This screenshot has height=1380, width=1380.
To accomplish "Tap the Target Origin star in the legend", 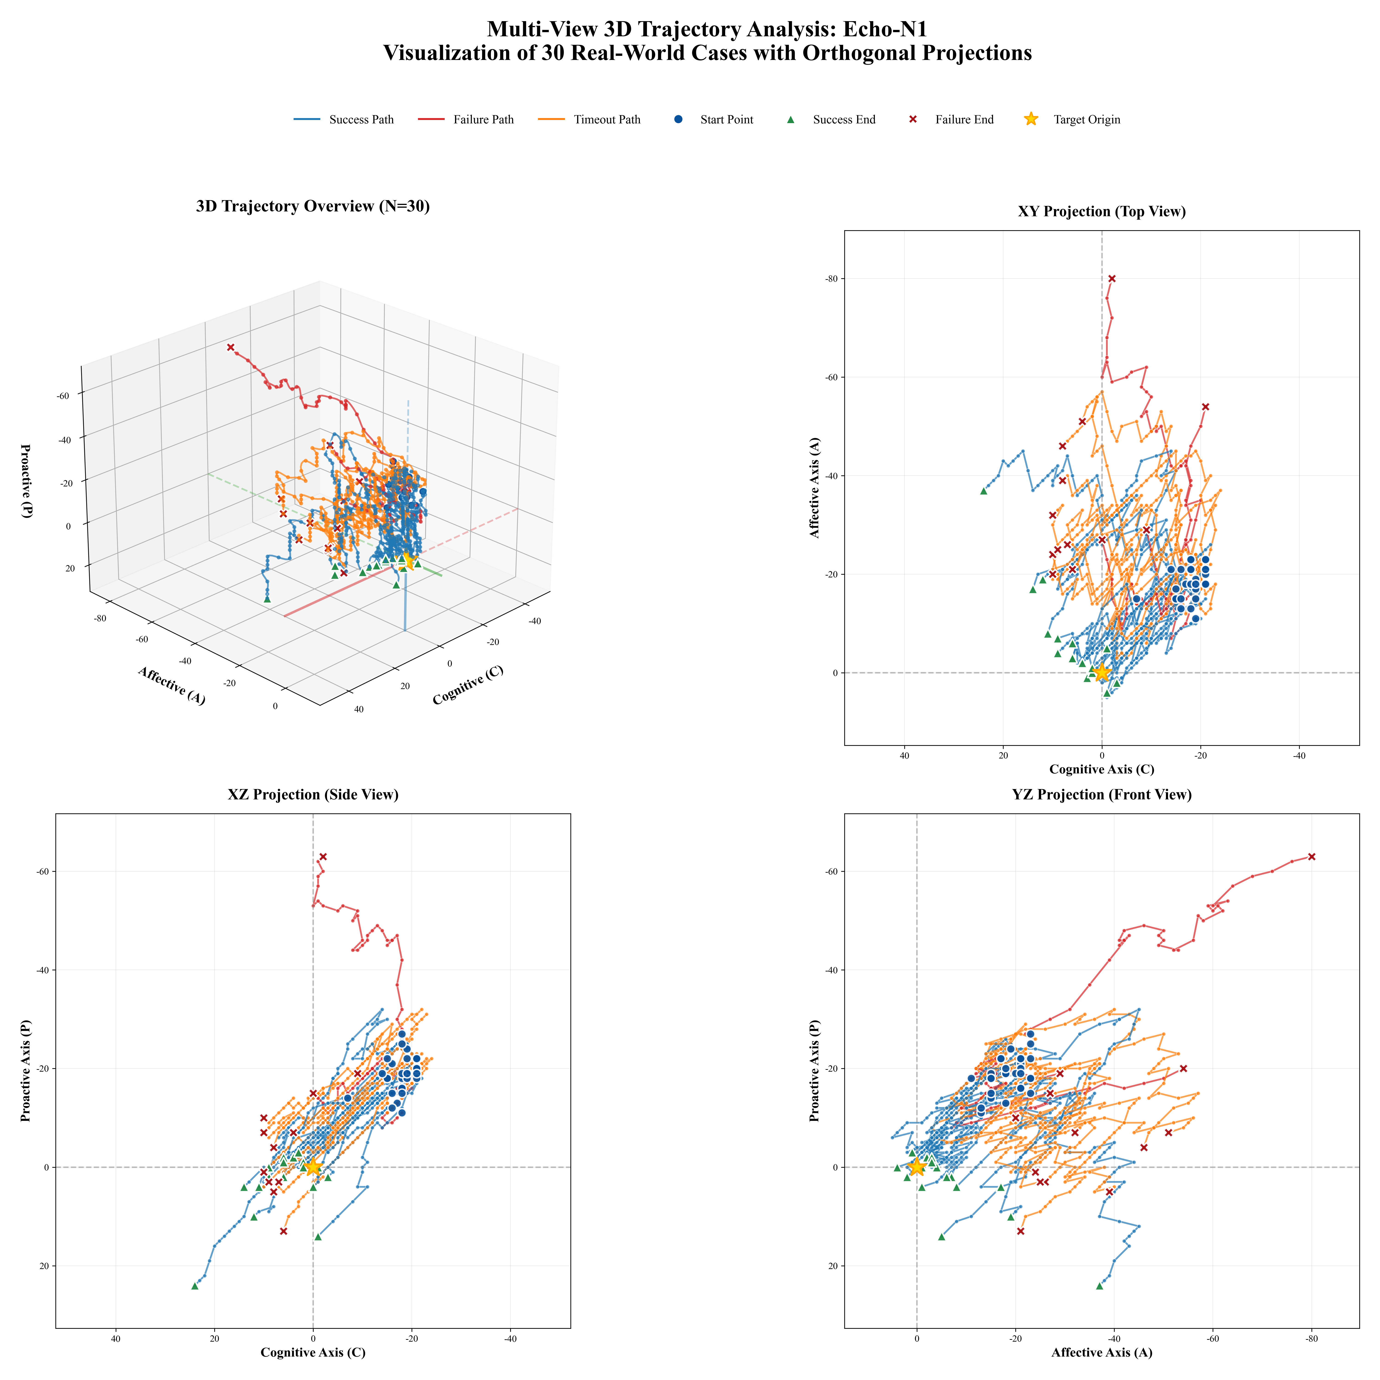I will (1031, 119).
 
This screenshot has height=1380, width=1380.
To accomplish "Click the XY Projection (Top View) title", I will (1101, 211).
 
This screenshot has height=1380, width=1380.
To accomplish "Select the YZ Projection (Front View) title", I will (1101, 794).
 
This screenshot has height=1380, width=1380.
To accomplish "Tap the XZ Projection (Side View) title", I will (313, 794).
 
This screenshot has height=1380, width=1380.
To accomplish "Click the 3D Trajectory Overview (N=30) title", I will (313, 206).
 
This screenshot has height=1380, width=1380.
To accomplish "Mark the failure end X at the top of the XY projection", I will (1111, 278).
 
